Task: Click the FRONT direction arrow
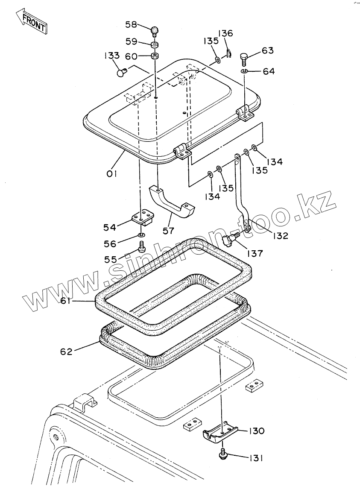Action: pyautogui.click(x=31, y=23)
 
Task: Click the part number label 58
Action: pyautogui.click(x=131, y=25)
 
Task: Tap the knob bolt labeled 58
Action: pyautogui.click(x=155, y=31)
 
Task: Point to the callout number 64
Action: pyautogui.click(x=269, y=71)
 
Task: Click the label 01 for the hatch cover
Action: pyautogui.click(x=112, y=174)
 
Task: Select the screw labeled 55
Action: pyautogui.click(x=142, y=246)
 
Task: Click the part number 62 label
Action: pyautogui.click(x=66, y=352)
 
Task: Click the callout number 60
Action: pyautogui.click(x=131, y=56)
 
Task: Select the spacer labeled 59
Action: pyautogui.click(x=155, y=44)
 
